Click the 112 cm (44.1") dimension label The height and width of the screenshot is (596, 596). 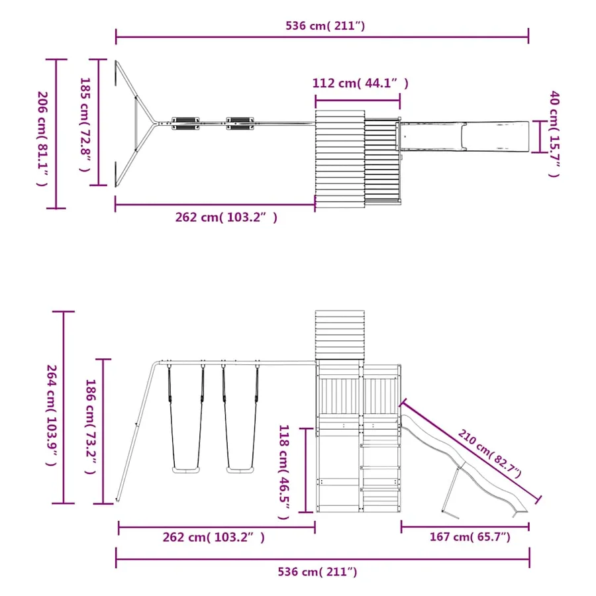(360, 83)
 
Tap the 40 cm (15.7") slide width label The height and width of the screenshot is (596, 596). (554, 134)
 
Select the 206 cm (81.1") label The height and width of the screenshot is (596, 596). (42, 139)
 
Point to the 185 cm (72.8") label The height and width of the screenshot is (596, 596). (85, 124)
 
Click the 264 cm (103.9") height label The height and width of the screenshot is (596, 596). (52, 415)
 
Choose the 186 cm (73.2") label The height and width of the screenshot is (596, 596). (91, 426)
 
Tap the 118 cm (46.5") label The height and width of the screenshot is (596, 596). (284, 472)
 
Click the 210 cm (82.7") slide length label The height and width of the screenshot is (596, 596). (489, 454)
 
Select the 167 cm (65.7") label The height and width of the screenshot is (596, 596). (470, 536)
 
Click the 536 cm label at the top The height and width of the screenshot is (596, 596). (325, 25)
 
